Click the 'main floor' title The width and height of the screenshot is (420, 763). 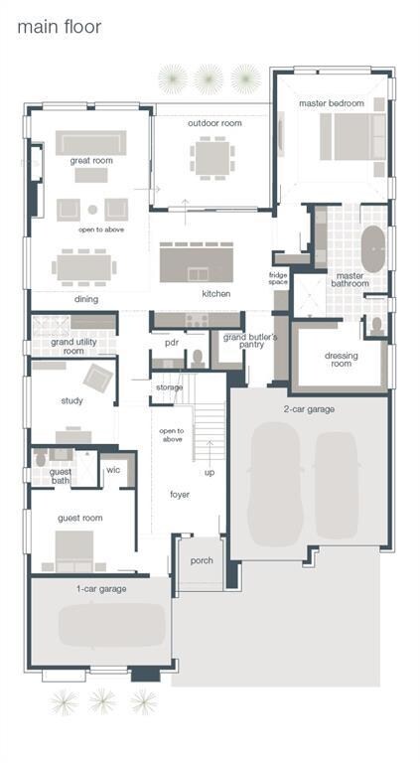point(60,27)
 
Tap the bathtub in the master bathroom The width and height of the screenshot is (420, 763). point(373,248)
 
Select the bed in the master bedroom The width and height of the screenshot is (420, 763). point(352,137)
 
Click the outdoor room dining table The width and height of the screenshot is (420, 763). point(212,158)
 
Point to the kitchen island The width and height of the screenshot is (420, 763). point(197,262)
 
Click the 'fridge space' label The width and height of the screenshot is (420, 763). point(279,279)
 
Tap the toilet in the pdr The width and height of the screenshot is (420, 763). point(198,358)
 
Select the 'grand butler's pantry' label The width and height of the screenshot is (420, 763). point(250,341)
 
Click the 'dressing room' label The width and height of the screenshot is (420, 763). point(341,359)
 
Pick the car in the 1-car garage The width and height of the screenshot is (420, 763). point(112,625)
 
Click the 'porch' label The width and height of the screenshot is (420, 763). point(202,560)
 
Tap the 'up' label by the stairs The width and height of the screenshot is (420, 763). point(210,473)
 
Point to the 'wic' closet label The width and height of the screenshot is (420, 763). point(113,470)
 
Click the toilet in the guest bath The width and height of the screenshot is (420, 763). point(42,458)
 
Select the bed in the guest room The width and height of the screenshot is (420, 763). point(73,550)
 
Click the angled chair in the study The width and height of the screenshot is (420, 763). point(98,379)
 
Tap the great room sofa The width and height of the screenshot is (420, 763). point(91,143)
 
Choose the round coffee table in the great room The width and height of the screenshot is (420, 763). point(92,210)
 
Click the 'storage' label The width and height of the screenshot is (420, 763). point(169,387)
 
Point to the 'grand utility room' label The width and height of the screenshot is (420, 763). point(73,346)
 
